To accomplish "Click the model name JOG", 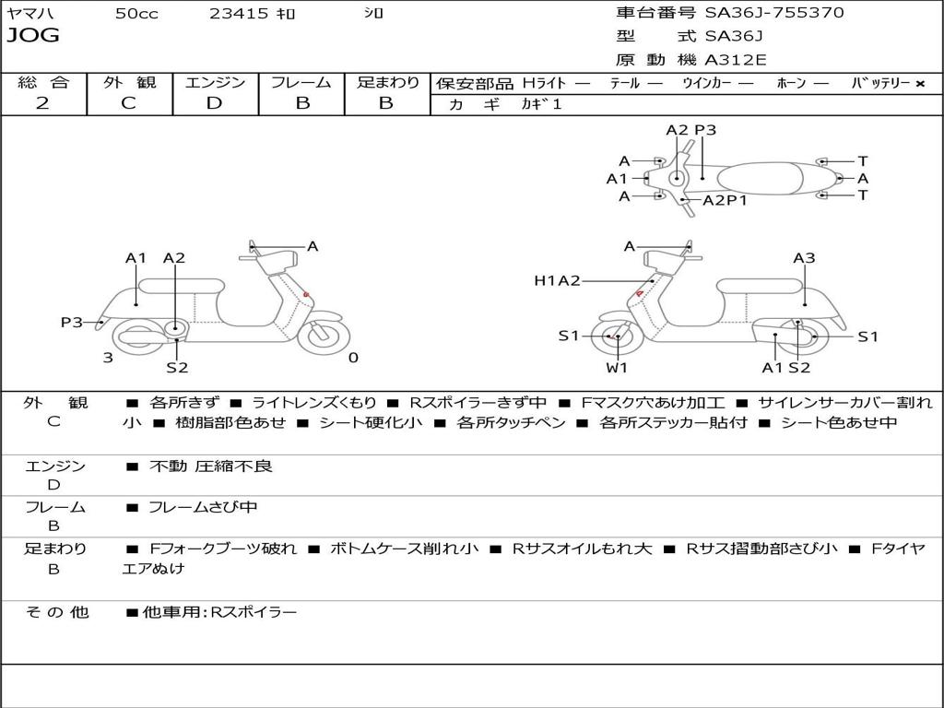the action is click(32, 36).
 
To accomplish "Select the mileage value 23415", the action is click(239, 14).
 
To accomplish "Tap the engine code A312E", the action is click(735, 61).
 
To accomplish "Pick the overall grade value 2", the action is click(42, 103).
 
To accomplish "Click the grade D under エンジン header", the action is click(215, 103).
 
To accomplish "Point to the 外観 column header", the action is click(129, 82).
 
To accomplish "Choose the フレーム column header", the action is click(301, 82).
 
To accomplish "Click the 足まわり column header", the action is click(387, 82).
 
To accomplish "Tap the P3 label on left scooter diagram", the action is click(72, 322).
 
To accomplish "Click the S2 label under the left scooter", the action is click(177, 368).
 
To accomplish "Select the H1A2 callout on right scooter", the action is click(557, 281).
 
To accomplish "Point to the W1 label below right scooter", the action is click(617, 368).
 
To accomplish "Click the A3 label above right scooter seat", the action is click(804, 258).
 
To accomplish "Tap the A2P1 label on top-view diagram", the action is click(725, 200).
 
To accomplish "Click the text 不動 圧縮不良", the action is click(211, 466).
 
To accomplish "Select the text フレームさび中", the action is click(203, 507).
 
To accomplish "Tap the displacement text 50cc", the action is click(136, 14).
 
